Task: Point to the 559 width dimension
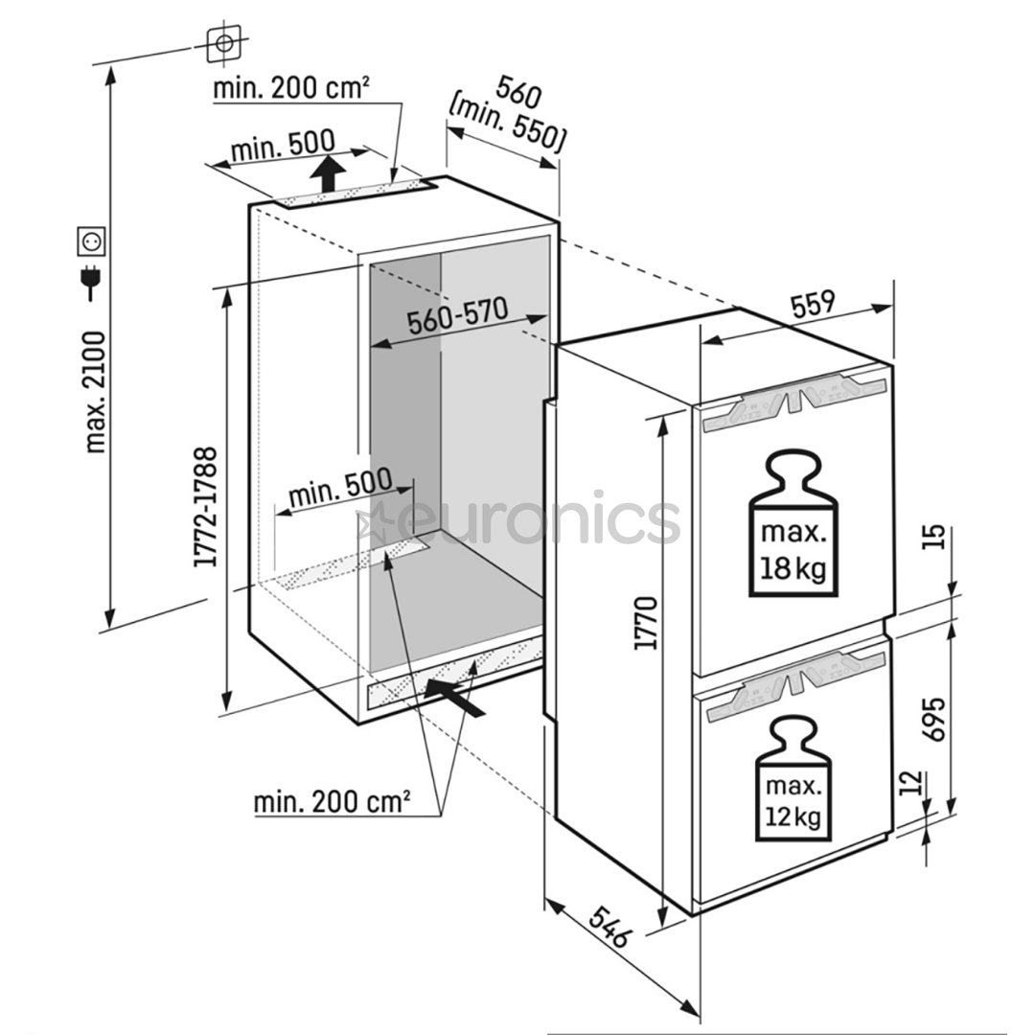pos(813,304)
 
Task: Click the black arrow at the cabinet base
pos(457,696)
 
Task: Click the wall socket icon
pos(90,240)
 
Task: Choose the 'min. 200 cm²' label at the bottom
pos(332,801)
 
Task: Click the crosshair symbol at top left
pos(222,42)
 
